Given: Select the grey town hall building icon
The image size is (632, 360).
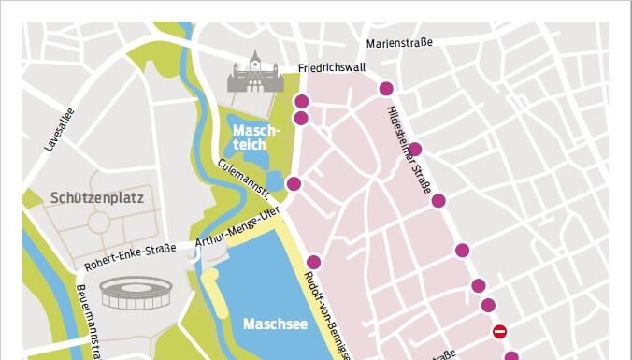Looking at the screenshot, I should point(255,74).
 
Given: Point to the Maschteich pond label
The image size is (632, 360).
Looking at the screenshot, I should point(251,137).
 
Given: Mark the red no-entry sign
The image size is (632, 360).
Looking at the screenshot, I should point(500,332).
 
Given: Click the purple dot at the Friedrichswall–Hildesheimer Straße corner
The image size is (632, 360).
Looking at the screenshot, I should point(385,89).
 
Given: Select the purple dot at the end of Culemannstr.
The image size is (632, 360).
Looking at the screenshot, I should point(294,183).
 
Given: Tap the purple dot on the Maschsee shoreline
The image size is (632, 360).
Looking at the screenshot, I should point(314,262).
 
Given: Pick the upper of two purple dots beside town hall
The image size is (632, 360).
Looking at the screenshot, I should point(301,102).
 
